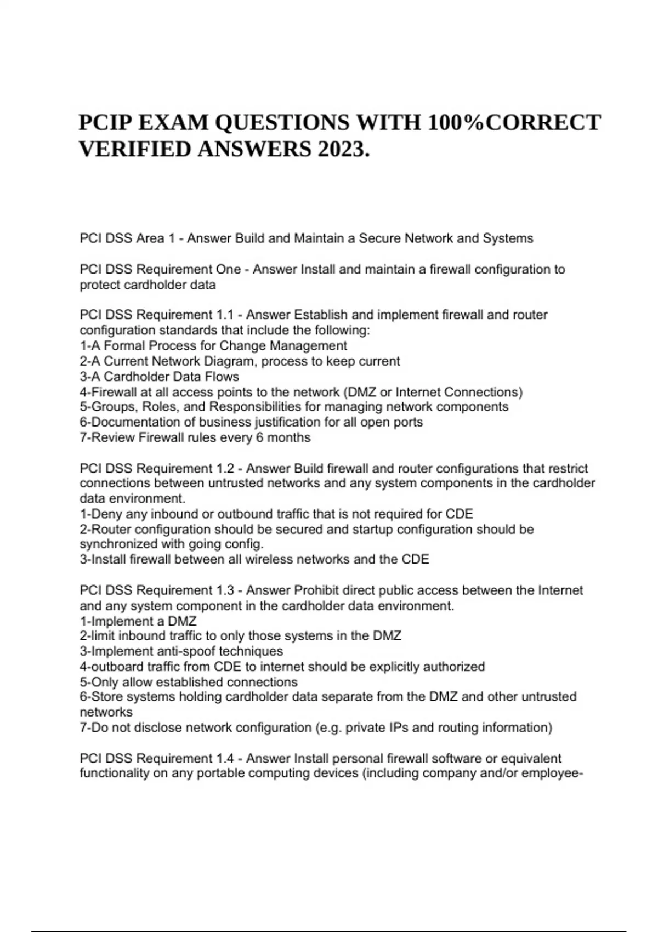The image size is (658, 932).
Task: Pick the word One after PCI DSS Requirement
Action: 229,269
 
